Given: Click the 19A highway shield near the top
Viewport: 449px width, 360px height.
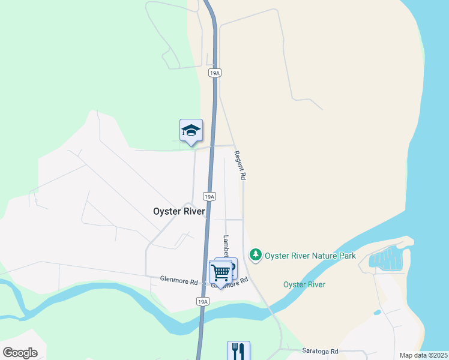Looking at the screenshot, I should pos(215,73).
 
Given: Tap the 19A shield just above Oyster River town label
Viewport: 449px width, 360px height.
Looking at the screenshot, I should pos(209,196).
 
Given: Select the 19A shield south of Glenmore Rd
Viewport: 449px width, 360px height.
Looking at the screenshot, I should pos(203,301).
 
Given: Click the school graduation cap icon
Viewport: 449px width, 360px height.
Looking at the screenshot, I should pos(191,130).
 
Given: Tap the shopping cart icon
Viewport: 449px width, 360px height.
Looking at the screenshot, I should pos(220,272).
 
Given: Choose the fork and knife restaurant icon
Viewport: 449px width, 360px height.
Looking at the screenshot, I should pos(238,350).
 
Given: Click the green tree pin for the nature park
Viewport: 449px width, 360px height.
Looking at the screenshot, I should pos(256,255).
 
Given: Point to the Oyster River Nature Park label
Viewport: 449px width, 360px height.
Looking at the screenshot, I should pos(310,256).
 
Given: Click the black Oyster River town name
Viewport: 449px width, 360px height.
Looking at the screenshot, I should pos(179,211).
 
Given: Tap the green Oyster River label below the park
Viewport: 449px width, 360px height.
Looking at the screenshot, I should pos(304,284).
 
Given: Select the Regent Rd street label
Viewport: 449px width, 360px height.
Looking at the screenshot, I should pos(241,166).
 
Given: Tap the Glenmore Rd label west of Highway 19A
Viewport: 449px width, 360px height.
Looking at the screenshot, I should pos(179,280).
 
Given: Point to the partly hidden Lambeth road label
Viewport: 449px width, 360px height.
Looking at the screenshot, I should pos(226,245).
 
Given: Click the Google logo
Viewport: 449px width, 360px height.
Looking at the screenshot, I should pos(20,352).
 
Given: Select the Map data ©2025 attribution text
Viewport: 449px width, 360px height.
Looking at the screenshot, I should pos(423,355).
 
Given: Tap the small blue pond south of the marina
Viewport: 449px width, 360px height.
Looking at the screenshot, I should pos(376,313).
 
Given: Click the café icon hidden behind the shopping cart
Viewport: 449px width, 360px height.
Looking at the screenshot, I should pos(231,264).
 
